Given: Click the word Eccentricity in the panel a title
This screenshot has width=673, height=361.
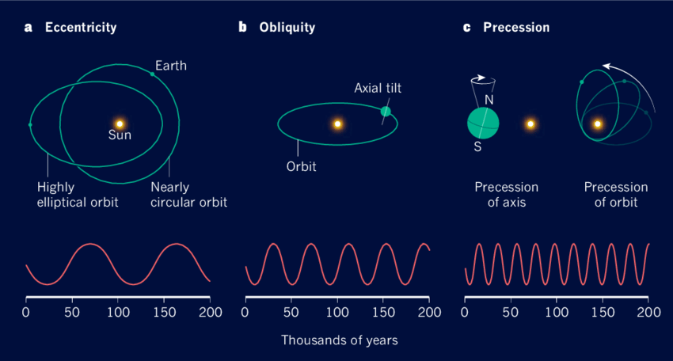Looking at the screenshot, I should point(81,28).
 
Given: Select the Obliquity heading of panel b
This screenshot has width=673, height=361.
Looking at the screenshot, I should point(287,28).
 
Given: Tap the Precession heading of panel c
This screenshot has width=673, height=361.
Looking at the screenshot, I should point(516,28).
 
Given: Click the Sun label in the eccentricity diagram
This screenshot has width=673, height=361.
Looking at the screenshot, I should point(120,135).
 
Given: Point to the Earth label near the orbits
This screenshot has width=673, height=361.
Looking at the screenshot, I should point(171,66).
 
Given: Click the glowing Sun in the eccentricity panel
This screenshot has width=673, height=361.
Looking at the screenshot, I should point(120,123).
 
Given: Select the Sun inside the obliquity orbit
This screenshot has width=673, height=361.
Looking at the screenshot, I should point(337,123).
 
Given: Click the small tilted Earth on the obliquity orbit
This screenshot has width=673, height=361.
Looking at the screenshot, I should point(386,112).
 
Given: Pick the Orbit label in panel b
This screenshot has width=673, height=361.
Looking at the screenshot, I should point(300,168).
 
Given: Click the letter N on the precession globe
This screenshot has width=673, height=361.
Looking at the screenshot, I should point(489,101).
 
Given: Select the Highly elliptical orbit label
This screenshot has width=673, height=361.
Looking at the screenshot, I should point(78,195).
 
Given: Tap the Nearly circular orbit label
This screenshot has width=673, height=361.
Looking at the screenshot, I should point(188,195).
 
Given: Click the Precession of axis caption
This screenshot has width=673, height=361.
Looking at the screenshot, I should point(507,195).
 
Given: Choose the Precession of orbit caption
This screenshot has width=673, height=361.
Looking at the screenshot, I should point(616,195).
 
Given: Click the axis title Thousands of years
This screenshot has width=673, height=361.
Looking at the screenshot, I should point(339,340).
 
